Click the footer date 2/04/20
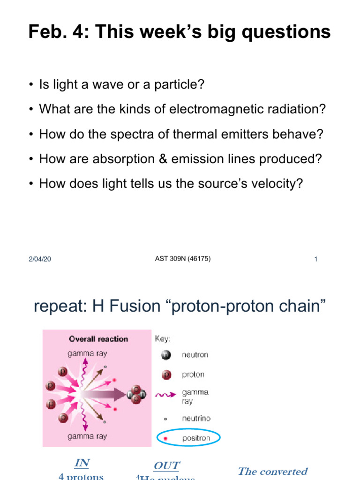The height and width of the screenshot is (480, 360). click(x=39, y=259)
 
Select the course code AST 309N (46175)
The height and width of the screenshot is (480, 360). click(x=183, y=258)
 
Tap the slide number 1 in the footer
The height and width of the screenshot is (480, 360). click(x=316, y=259)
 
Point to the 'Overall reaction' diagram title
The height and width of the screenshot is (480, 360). click(x=98, y=339)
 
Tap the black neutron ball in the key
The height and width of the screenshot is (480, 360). click(x=165, y=355)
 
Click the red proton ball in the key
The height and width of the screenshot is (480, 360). click(x=165, y=375)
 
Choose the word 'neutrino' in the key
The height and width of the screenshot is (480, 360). click(x=196, y=418)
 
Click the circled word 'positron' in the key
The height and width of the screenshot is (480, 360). click(x=196, y=438)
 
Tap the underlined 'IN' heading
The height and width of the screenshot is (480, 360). click(x=82, y=463)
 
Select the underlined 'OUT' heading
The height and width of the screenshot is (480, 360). click(x=166, y=465)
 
